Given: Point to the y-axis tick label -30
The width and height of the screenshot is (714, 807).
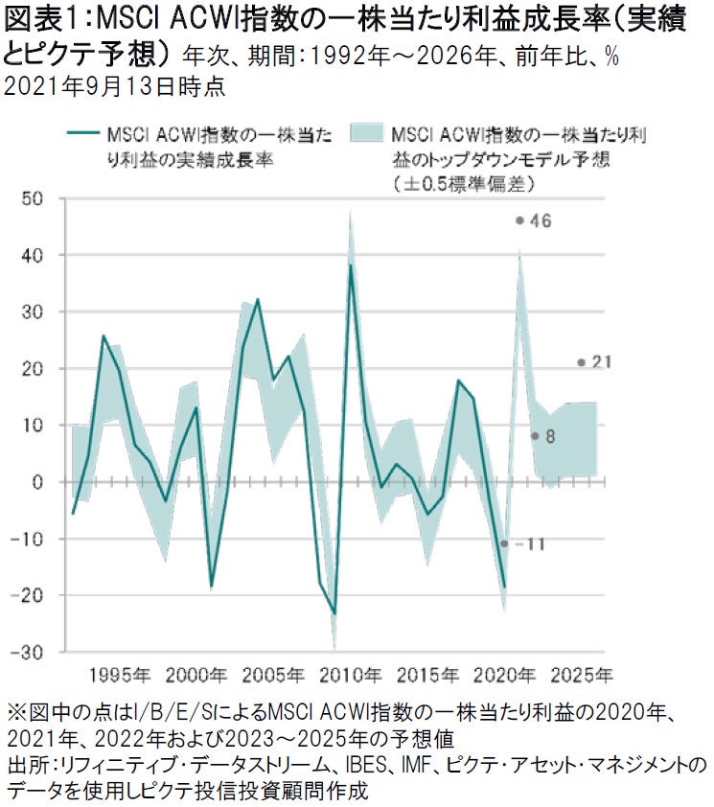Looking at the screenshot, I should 31,652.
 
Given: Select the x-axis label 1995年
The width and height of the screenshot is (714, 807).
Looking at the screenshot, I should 119,674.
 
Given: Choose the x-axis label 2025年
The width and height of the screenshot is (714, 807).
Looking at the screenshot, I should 581,674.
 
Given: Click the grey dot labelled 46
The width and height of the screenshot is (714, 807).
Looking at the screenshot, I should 518,220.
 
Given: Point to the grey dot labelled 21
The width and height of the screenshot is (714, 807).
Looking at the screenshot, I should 581,362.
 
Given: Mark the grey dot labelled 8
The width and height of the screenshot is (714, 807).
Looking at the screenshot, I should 534,436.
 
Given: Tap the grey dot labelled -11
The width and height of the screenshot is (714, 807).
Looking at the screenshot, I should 504,543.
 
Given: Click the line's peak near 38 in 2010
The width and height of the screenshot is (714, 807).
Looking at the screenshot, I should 351,265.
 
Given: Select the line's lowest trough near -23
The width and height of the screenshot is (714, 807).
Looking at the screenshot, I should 334,613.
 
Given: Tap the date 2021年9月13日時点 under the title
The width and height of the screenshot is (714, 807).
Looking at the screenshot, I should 115,86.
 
